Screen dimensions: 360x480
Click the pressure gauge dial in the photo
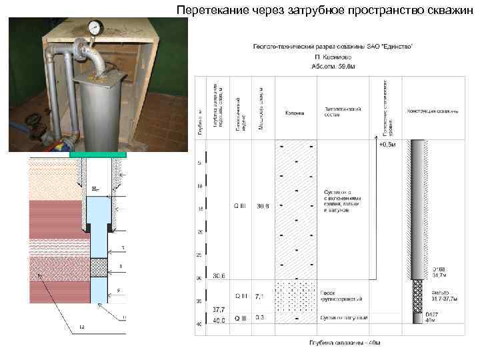tap(95, 28)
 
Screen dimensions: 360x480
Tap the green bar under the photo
tap(98, 155)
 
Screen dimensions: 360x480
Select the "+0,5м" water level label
tap(387, 144)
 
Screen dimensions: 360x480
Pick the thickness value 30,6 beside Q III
tap(261, 205)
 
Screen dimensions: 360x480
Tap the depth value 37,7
tap(218, 309)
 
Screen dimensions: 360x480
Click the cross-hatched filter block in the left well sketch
tap(99, 267)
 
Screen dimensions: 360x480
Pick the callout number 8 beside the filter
tap(121, 267)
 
